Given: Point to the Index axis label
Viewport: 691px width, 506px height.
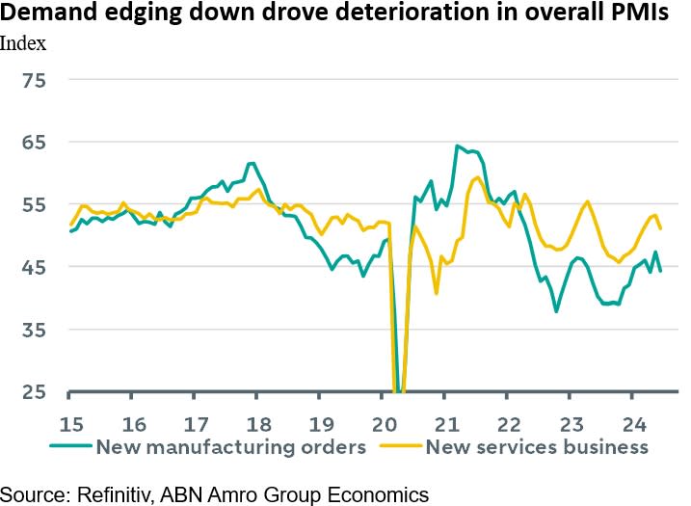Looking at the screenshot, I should (22, 43).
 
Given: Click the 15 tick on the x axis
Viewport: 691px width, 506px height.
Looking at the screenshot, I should (69, 422).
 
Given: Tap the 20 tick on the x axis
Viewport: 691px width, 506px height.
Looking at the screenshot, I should (382, 422).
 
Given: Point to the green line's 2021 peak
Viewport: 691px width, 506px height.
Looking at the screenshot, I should (457, 146).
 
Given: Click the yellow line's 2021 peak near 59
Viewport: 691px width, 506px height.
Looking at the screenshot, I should (479, 177).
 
